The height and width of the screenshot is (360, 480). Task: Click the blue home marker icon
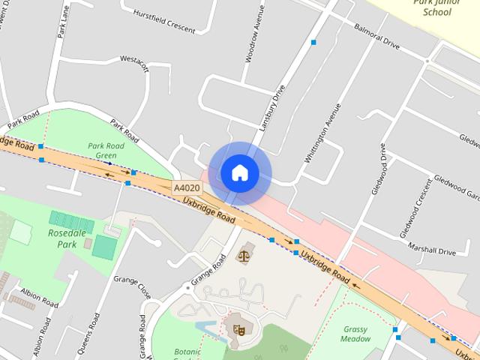point(239,173)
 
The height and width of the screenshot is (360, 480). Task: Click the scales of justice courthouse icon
point(244,256)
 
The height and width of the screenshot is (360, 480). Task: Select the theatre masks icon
point(240,328)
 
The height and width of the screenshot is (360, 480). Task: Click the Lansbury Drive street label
point(273,109)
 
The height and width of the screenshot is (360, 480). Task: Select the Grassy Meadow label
point(356,334)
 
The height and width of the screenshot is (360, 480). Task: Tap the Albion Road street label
point(39,298)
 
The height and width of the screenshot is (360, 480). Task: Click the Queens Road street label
point(92,336)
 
